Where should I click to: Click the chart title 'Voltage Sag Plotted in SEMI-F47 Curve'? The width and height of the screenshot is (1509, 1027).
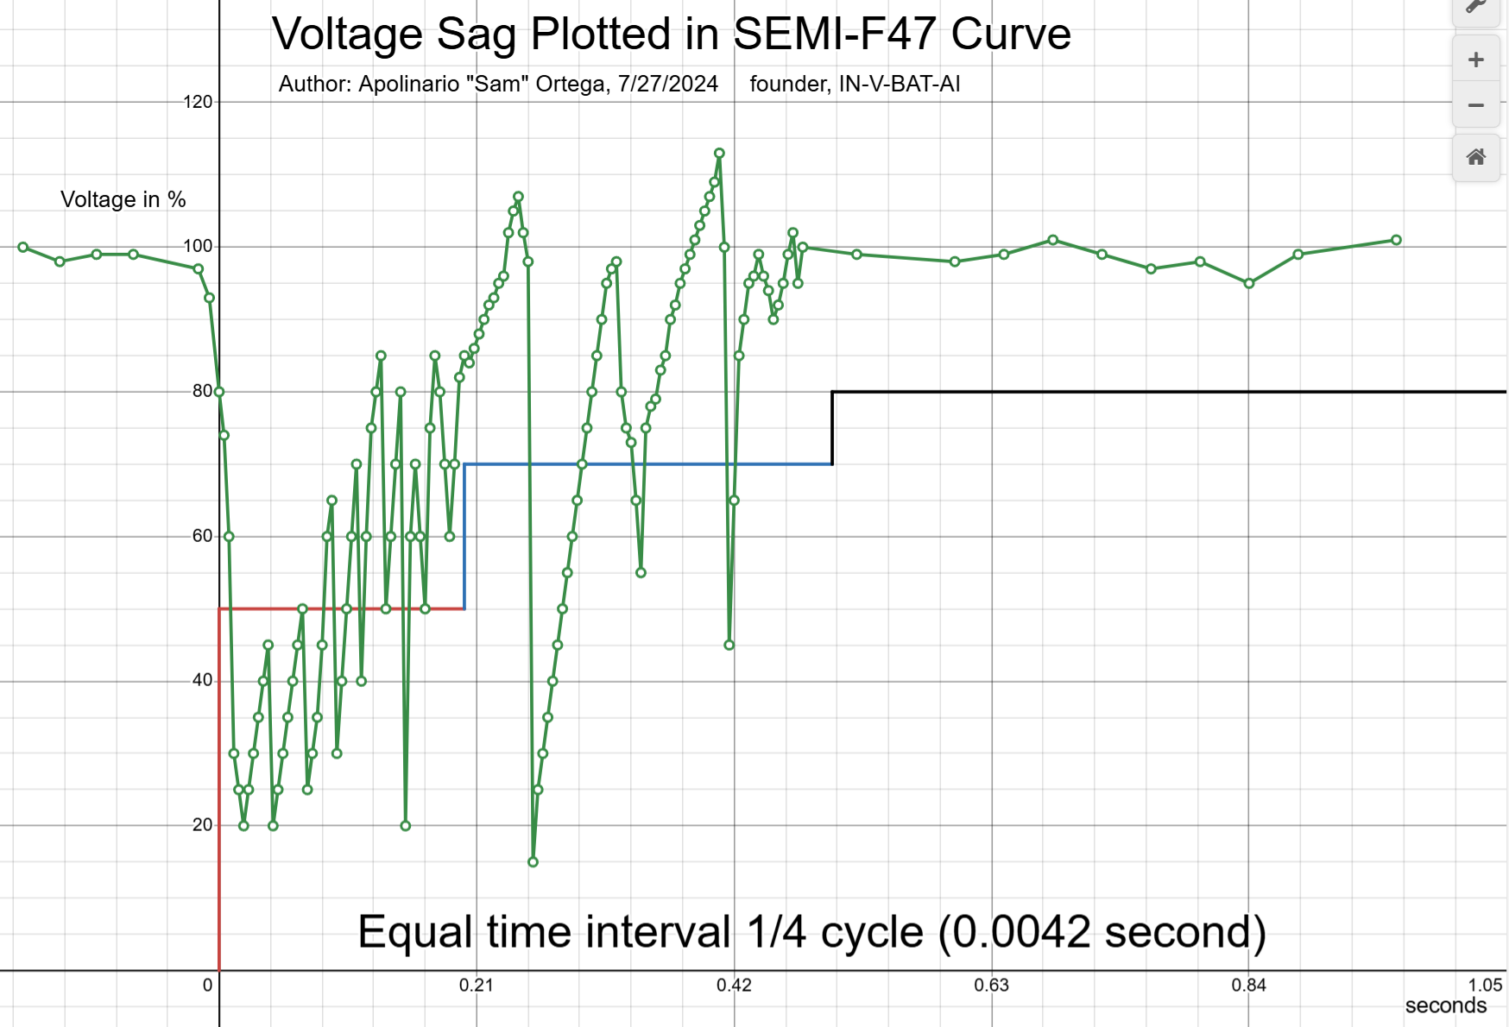671,35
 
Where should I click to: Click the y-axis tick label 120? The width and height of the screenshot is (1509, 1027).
198,102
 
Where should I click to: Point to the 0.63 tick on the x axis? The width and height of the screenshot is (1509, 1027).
991,985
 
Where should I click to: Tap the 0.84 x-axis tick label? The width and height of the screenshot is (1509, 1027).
1248,985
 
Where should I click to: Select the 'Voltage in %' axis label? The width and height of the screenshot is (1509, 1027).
123,199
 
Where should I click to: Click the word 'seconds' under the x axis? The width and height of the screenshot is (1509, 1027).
1445,1005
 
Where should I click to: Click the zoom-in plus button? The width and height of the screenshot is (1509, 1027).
1476,60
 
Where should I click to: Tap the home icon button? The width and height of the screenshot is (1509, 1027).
1476,157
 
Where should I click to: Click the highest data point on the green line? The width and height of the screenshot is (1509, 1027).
719,154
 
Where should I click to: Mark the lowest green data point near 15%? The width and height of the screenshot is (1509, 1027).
533,862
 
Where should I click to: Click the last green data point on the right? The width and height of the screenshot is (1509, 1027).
1396,240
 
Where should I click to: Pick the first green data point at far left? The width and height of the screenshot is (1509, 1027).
23,248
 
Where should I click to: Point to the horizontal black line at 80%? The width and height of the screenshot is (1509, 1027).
1165,392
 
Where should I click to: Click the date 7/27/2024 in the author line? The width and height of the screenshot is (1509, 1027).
667,84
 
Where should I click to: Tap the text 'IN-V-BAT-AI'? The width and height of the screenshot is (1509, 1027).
900,84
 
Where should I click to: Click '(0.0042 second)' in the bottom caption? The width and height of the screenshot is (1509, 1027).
1102,932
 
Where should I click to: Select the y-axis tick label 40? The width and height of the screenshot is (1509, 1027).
202,681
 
